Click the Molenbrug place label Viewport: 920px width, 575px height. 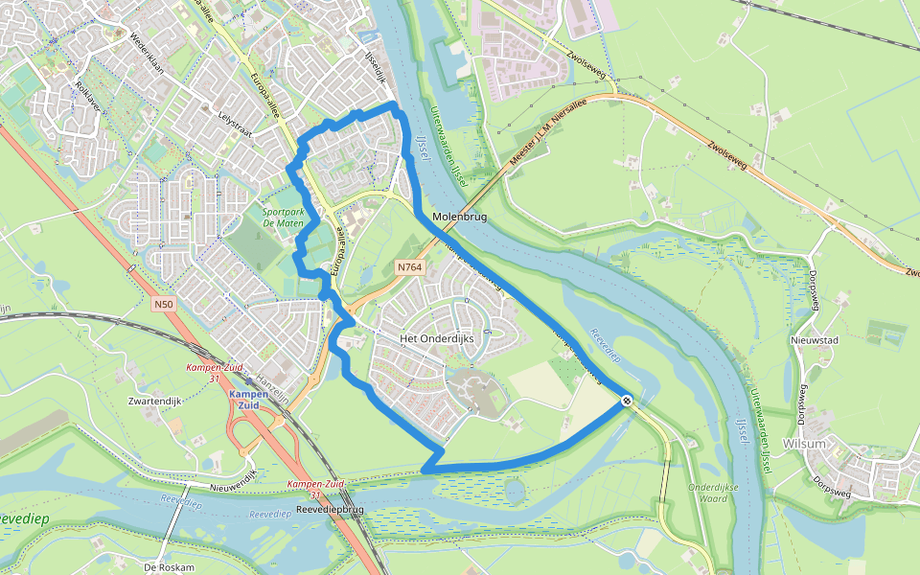(x=460, y=218)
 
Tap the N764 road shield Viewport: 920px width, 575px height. (x=408, y=267)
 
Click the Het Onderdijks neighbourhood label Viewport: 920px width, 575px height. (x=436, y=338)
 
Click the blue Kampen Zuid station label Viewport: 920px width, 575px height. (x=245, y=400)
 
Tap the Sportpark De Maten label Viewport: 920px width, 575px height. (x=282, y=218)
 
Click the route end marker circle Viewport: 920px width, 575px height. (x=626, y=401)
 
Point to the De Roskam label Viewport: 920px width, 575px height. (x=169, y=567)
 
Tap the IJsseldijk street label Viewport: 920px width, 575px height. (x=372, y=65)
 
